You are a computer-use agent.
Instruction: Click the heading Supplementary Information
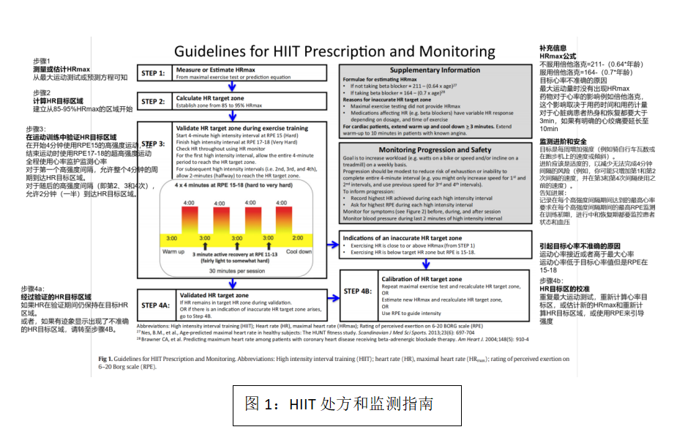point(435,70)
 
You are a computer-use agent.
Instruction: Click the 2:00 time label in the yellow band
point(299,239)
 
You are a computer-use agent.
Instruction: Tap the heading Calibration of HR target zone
point(422,279)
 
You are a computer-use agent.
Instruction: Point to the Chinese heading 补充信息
point(553,48)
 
